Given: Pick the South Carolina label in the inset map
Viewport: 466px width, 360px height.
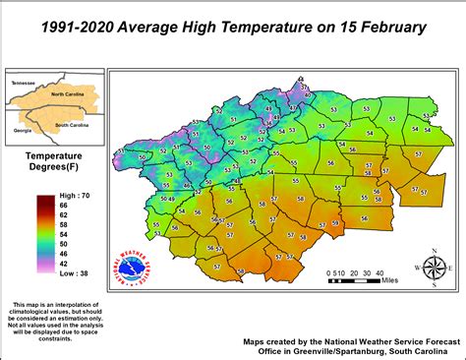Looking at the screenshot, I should (x=74, y=124).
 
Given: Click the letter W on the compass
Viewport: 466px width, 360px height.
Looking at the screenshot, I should (x=417, y=268).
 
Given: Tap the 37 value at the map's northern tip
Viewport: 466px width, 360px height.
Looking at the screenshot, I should (x=304, y=88).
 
